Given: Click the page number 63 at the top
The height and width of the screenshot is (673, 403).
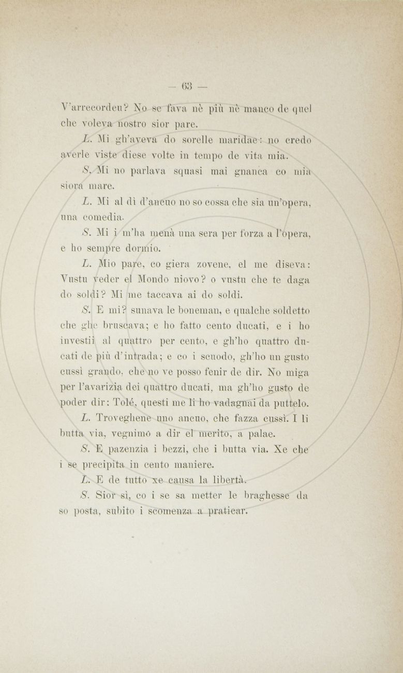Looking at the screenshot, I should click(187, 86).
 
